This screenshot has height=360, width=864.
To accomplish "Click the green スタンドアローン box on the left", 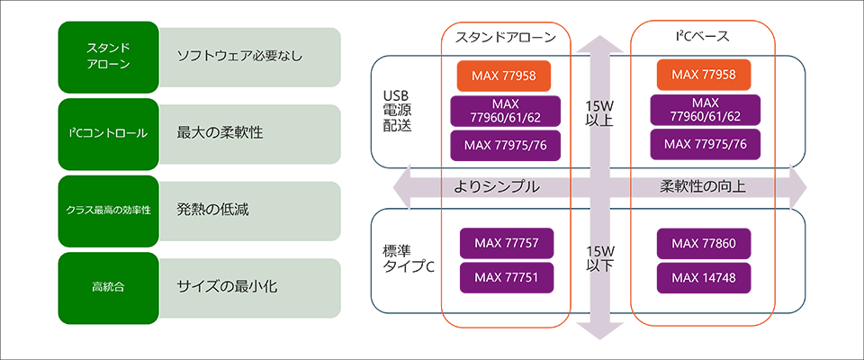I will click(108, 56).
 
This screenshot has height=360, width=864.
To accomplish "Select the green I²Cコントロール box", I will click(108, 132).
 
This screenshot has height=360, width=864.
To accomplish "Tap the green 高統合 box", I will click(108, 287).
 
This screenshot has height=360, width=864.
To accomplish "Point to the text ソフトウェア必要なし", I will click(239, 56).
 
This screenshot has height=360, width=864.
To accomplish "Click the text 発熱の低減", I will click(212, 210).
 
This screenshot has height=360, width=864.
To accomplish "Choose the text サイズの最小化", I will click(227, 287).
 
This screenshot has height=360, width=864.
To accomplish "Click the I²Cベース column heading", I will click(702, 37).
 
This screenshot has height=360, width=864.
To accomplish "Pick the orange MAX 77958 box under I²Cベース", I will click(704, 75).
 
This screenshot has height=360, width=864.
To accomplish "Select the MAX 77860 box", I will click(704, 243).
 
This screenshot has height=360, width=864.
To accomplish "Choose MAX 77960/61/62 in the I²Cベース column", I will click(704, 110).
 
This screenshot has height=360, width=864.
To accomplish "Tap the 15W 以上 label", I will click(598, 111).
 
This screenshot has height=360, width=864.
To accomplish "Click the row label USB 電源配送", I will click(398, 111).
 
